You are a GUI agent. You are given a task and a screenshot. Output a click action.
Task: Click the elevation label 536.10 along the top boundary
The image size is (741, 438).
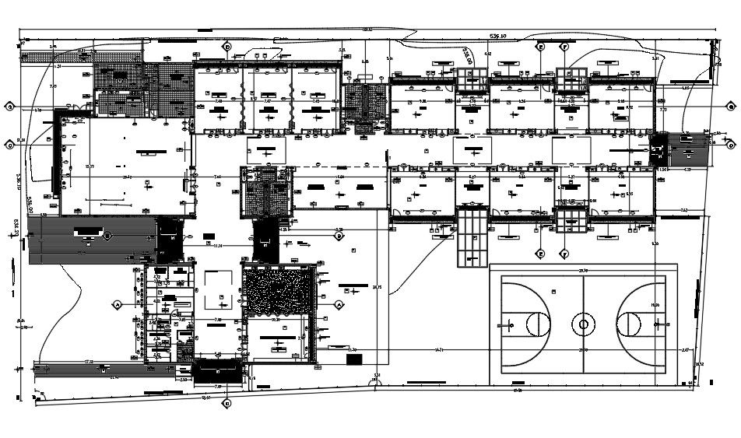(x=497, y=37)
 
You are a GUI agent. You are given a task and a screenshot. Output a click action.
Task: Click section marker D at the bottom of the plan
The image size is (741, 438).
(x=227, y=404)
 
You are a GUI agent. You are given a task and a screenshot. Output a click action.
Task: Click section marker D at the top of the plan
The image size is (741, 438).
(x=227, y=47)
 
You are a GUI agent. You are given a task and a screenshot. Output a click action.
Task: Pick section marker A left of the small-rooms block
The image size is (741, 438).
(x=118, y=303)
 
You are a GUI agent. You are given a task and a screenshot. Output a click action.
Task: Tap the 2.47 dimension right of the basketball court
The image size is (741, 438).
(x=685, y=351)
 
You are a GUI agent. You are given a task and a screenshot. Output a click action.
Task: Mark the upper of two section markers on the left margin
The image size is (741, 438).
(x=10, y=105)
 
